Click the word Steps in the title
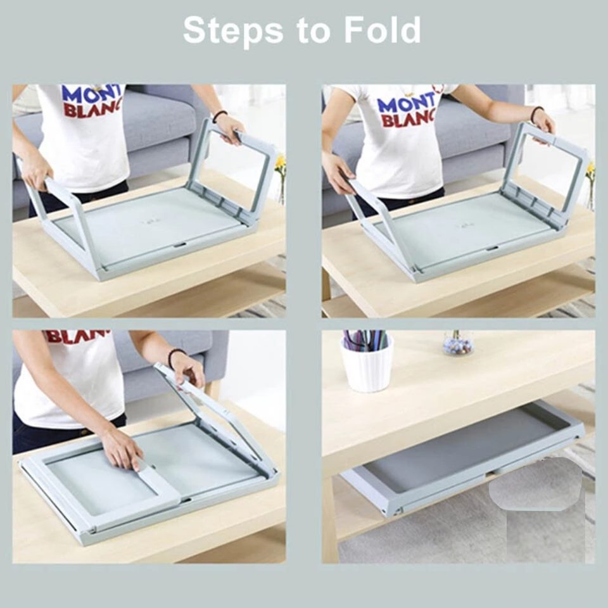(x=233, y=31)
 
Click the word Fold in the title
(x=383, y=30)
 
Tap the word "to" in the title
(x=313, y=32)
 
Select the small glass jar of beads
(x=457, y=343)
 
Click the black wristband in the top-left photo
(x=220, y=115)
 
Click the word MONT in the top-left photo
(x=92, y=95)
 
